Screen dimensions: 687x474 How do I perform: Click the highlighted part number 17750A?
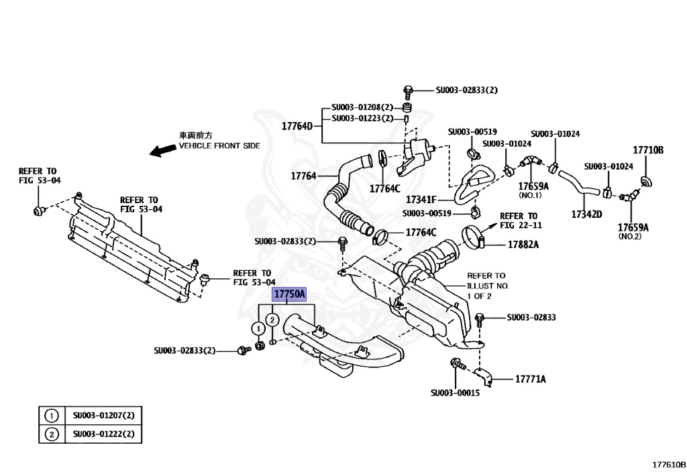pos(289,294)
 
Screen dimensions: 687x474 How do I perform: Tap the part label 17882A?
pos(523,245)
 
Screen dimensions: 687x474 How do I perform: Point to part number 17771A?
pos(530,379)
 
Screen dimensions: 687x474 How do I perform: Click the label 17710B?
pos(648,150)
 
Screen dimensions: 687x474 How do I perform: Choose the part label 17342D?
pos(586,214)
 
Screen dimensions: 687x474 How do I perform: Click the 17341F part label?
pos(421,200)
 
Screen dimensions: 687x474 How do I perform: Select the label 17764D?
pos(297,126)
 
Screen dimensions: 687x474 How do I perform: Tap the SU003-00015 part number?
pos(455,393)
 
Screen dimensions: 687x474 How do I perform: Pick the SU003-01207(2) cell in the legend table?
pos(104,416)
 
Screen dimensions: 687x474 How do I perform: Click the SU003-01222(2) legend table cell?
pos(104,434)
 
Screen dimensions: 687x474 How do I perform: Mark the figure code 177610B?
pos(669,465)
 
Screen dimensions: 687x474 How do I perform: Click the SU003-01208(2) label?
pos(362,107)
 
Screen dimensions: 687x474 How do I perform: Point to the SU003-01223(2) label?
pos(362,118)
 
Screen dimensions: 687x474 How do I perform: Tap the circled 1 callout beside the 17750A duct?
pos(258,329)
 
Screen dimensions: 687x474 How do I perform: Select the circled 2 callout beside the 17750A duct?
pos(272,320)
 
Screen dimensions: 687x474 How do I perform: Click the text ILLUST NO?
pos(488,286)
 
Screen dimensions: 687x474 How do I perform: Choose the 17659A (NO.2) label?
pos(633,231)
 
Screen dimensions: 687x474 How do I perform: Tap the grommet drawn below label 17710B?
pos(646,181)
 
